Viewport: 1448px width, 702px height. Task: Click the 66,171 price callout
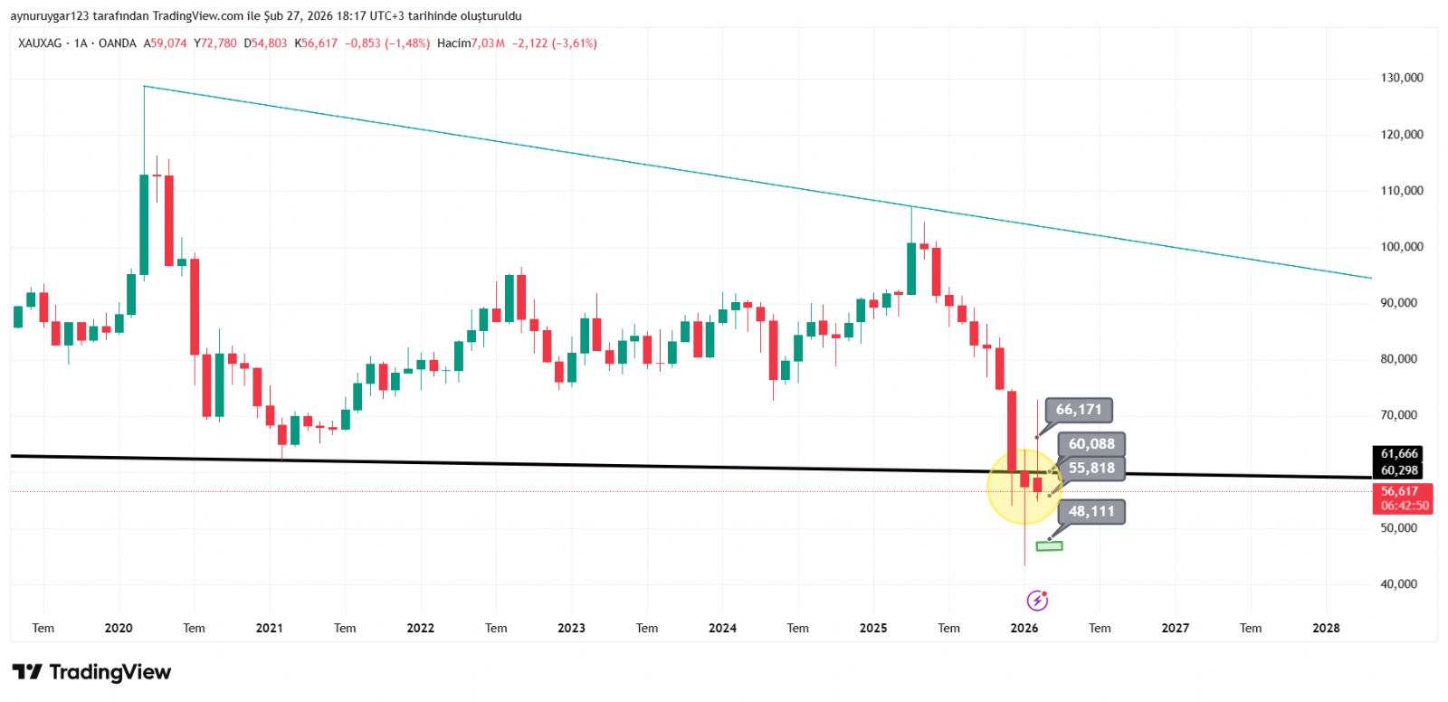(x=1079, y=410)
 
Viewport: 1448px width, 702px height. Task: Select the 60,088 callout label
(x=1091, y=444)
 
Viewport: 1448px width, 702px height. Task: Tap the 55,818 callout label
(x=1091, y=468)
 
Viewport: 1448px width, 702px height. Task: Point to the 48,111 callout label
(x=1091, y=511)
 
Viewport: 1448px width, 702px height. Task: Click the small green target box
(x=1049, y=546)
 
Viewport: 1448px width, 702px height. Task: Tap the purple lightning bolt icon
(x=1037, y=601)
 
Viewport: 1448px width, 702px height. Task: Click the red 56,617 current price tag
(x=1399, y=491)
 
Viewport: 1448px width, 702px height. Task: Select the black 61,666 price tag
(x=1399, y=454)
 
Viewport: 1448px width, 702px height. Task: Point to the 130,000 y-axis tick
(x=1402, y=78)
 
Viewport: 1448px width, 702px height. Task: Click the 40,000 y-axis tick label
(x=1399, y=584)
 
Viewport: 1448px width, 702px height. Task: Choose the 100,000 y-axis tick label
(x=1402, y=247)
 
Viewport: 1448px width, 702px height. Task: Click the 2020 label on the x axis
(x=119, y=628)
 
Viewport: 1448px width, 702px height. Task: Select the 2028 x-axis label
(x=1326, y=628)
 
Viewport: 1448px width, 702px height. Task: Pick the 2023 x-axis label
(x=571, y=628)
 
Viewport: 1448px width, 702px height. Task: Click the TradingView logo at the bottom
(x=91, y=672)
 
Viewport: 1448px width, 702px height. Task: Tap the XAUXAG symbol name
(x=40, y=43)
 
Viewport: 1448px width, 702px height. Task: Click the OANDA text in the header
(x=117, y=43)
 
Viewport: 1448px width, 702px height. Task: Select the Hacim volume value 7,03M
(x=488, y=43)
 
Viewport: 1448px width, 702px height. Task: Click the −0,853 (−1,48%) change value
(x=387, y=43)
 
